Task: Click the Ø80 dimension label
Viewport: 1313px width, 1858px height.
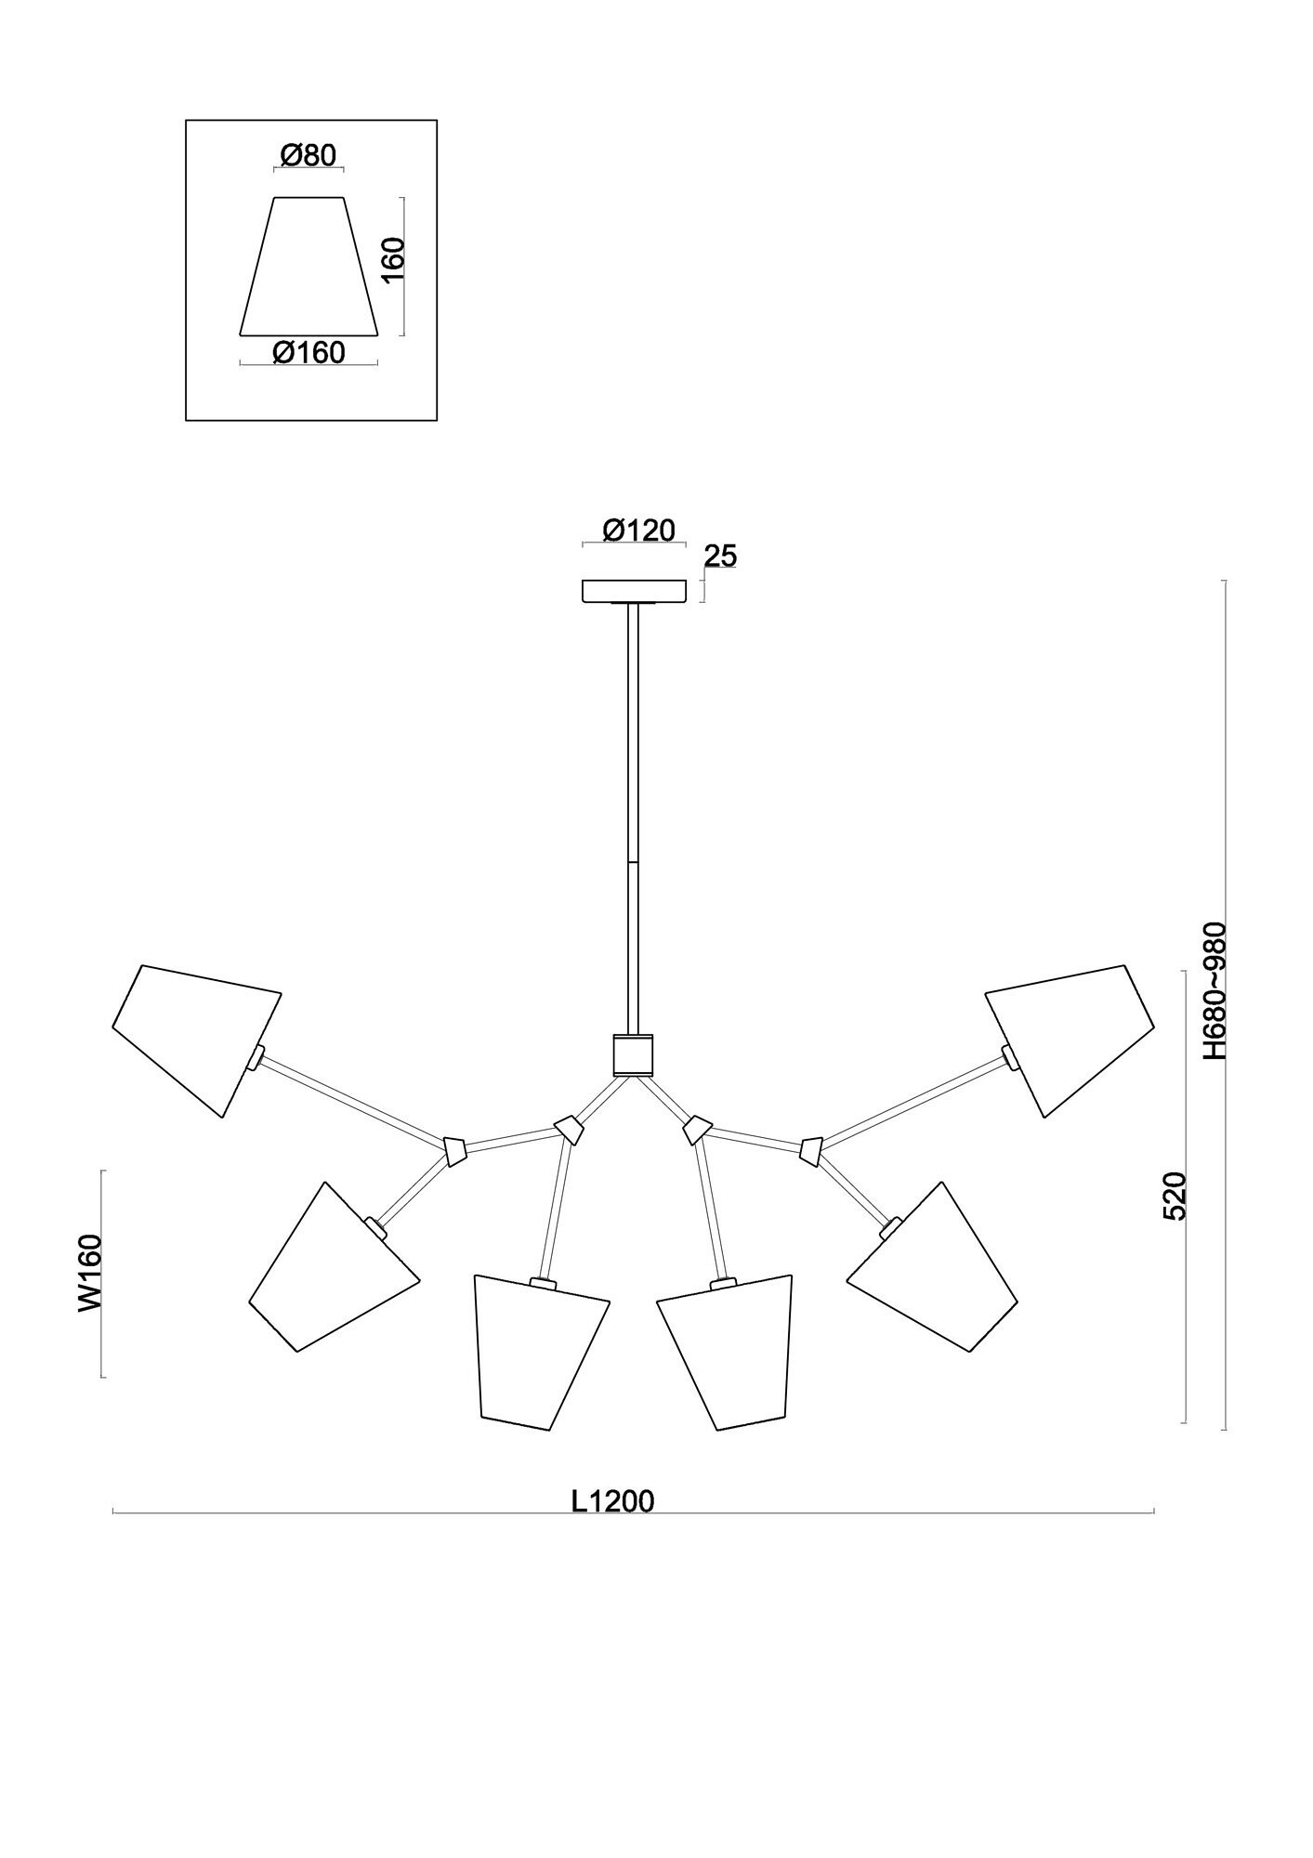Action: pos(308,155)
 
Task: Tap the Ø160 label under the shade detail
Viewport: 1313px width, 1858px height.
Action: pos(309,353)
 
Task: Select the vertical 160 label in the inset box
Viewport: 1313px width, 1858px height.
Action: pos(394,266)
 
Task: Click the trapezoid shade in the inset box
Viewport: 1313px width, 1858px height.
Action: pos(309,266)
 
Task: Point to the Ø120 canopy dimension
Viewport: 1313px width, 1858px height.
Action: pos(638,530)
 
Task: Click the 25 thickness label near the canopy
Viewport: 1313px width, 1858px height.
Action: pos(720,556)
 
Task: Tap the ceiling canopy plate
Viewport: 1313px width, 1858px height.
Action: pos(635,592)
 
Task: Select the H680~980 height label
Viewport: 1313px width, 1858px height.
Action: pos(1215,991)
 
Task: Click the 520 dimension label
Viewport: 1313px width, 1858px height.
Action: pos(1175,1197)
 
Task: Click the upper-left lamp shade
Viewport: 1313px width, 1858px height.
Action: pos(196,1040)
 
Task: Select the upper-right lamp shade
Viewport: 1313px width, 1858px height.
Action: pos(1070,1040)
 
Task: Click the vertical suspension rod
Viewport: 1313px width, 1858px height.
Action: pos(633,818)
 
